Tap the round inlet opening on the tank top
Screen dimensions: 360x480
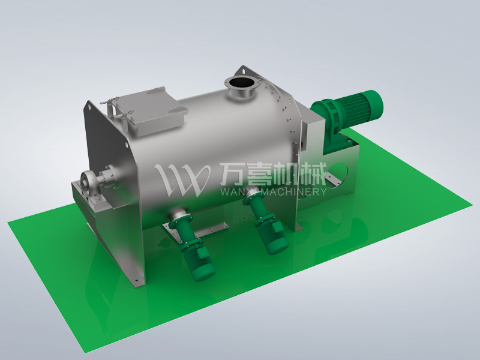(240, 83)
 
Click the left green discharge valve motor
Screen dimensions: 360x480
(195, 252)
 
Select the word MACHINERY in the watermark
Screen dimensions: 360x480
(291, 192)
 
